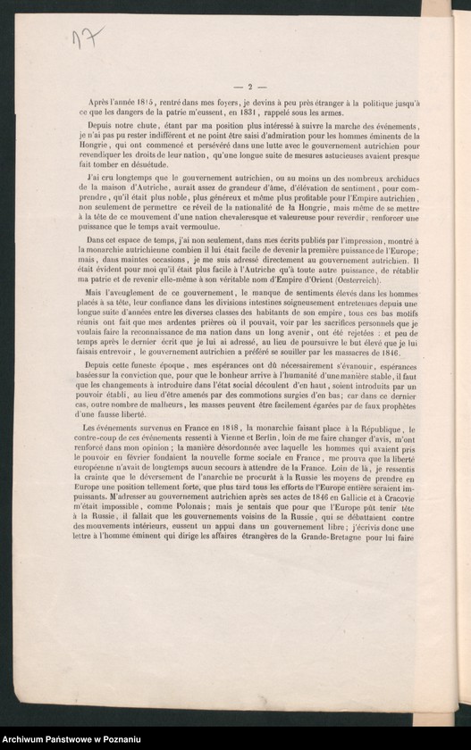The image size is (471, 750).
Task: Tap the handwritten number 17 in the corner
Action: click(88, 37)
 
